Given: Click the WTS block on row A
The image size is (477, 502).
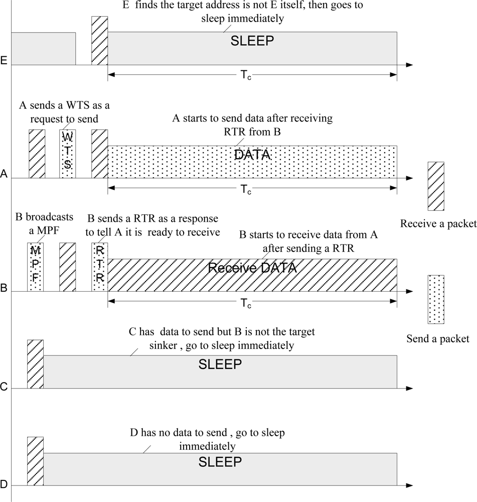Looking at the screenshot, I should click(x=68, y=154).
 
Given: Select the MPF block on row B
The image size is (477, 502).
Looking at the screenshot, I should click(x=35, y=267).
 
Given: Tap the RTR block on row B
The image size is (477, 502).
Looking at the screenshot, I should click(x=99, y=267).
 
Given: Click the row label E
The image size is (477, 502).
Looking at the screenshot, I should click(x=4, y=62).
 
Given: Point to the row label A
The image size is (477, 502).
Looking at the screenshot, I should click(x=4, y=175).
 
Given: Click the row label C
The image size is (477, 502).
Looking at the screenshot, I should click(x=4, y=387).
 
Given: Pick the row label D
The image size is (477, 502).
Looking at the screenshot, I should click(x=4, y=484).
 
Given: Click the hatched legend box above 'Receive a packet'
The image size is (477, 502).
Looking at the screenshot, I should click(x=436, y=186).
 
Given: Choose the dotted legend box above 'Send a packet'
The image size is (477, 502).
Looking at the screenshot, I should click(x=436, y=299).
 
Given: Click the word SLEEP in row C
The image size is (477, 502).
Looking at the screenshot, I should click(x=220, y=364).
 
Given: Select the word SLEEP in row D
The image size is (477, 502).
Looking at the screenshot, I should click(x=220, y=461).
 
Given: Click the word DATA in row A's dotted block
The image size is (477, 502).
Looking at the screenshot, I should click(x=252, y=155).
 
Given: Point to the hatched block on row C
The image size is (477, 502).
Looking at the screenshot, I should click(x=35, y=364).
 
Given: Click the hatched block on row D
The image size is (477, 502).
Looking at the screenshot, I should click(x=35, y=461).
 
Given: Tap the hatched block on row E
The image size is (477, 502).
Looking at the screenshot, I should click(x=99, y=40).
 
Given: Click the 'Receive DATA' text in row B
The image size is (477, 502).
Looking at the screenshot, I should click(x=252, y=268).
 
